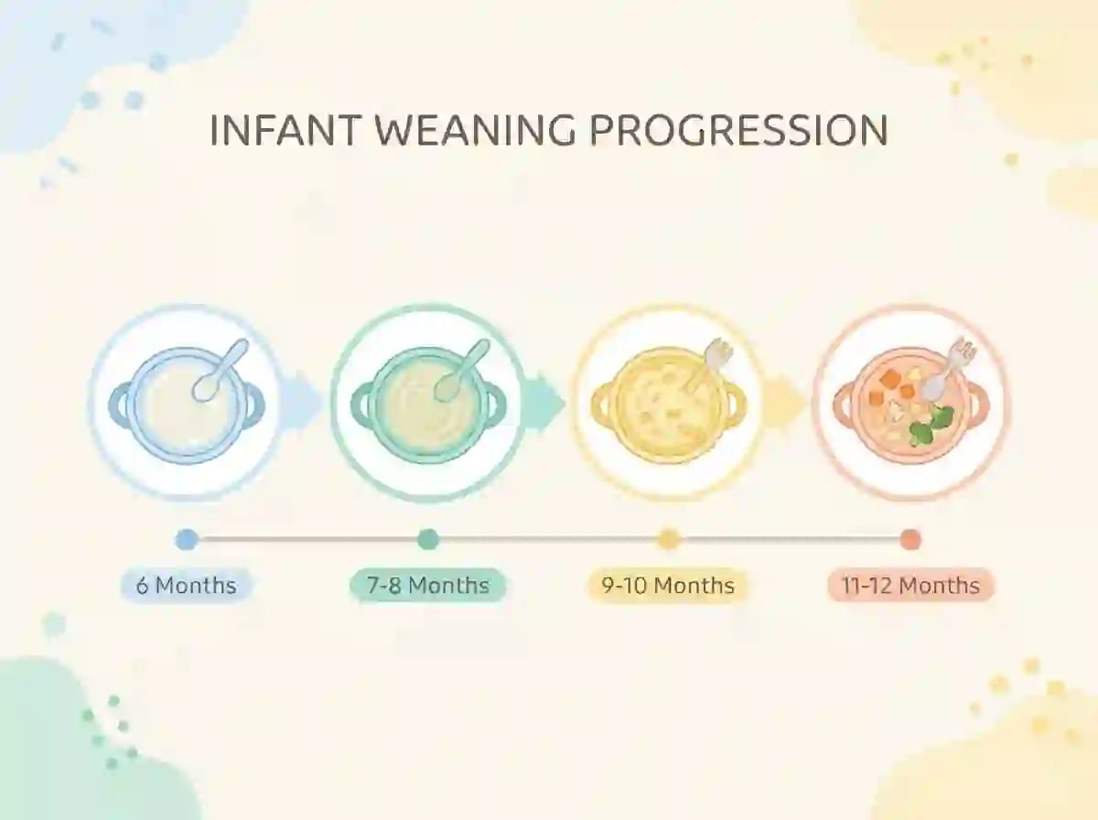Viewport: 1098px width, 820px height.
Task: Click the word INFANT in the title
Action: pos(285,130)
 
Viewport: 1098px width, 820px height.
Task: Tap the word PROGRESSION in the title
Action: pos(738,130)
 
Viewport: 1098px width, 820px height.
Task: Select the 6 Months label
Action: pos(186,586)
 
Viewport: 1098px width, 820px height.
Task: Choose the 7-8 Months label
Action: pos(428,586)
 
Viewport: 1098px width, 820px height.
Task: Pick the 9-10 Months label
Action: pos(668,586)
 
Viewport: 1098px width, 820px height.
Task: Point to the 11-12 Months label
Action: pos(911,586)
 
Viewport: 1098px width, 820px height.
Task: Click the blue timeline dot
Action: pos(187,540)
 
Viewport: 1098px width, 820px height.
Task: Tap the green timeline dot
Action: pos(428,539)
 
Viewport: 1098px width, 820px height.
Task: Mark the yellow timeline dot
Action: pos(669,539)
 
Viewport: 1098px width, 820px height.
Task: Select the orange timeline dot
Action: pos(910,540)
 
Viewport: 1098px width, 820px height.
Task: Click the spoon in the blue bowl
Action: pos(221,371)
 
